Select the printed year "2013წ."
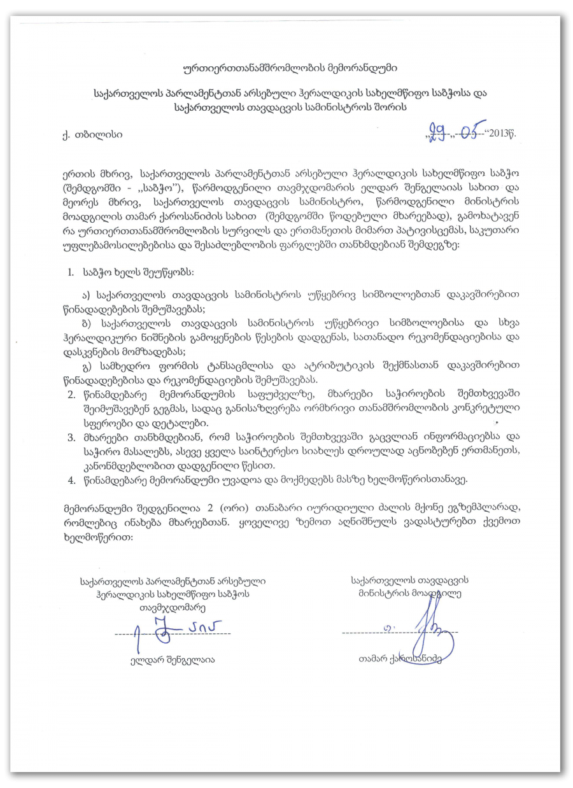(504, 134)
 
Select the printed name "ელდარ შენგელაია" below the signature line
(172, 659)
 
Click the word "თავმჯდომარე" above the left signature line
(172, 607)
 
